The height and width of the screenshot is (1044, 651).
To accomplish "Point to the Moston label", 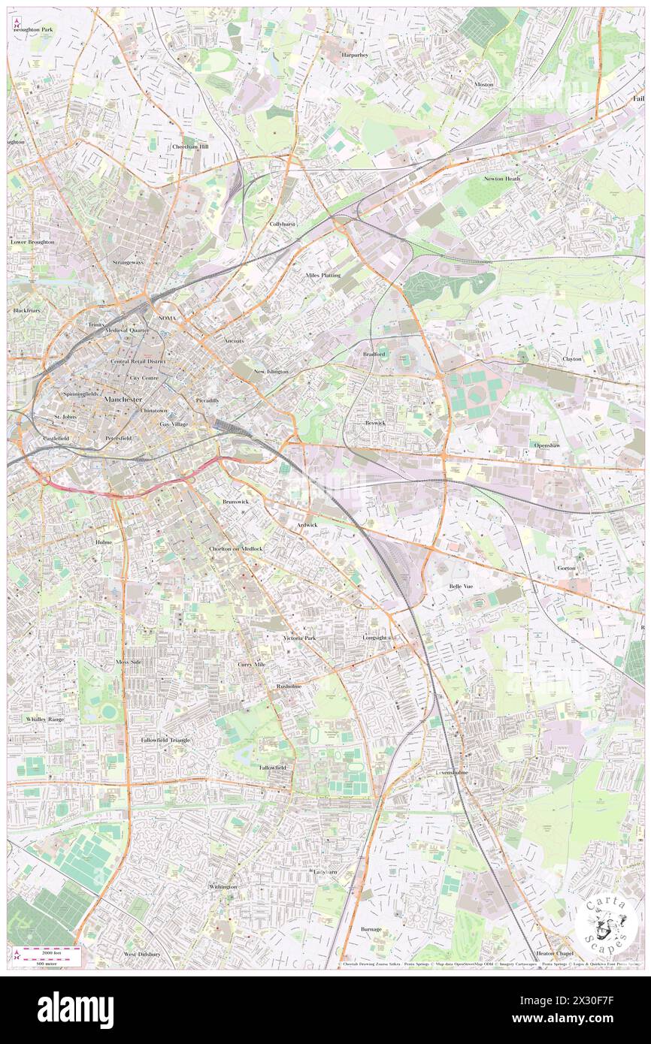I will (483, 84).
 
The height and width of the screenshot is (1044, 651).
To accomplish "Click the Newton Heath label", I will (502, 179).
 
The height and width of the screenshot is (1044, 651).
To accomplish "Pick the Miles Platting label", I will (323, 276).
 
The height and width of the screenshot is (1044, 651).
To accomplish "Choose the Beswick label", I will (375, 423).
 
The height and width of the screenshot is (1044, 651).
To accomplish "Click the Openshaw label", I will (547, 445).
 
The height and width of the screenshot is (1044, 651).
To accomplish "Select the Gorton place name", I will (566, 568).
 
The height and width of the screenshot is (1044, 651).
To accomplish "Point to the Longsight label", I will (375, 638).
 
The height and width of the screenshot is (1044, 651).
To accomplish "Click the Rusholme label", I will (289, 686).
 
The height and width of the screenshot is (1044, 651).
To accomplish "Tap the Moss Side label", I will (129, 662).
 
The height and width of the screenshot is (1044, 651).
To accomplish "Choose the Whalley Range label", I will (45, 719).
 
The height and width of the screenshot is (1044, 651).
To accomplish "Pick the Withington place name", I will (223, 887).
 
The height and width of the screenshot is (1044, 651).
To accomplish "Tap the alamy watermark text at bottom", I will (75, 1010).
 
